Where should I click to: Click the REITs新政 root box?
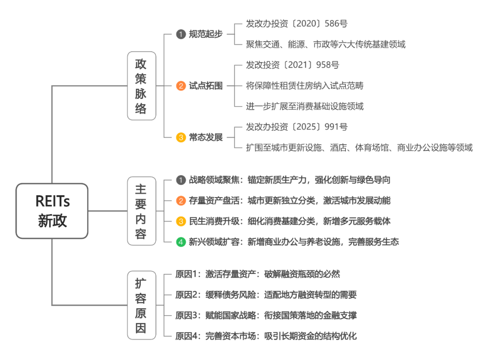pyautogui.click(x=52, y=211)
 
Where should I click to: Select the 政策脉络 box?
pyautogui.click(x=141, y=86)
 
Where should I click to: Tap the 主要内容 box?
pyautogui.click(x=141, y=211)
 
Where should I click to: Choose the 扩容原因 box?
pyautogui.click(x=141, y=305)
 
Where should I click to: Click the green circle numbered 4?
pyautogui.click(x=181, y=242)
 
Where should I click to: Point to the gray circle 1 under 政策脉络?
pyautogui.click(x=181, y=34)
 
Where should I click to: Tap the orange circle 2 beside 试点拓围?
pyautogui.click(x=181, y=86)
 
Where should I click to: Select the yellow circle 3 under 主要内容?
pyautogui.click(x=181, y=221)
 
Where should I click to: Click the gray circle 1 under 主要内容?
pyautogui.click(x=181, y=180)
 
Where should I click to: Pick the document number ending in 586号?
pyautogui.click(x=297, y=24)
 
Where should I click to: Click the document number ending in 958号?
pyautogui.click(x=293, y=65)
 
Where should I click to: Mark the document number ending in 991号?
pyautogui.click(x=297, y=127)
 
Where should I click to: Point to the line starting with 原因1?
pyautogui.click(x=258, y=274)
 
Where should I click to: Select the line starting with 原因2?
pyautogui.click(x=266, y=295)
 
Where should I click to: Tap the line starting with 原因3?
pyautogui.click(x=266, y=316)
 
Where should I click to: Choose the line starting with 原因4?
pyautogui.click(x=266, y=336)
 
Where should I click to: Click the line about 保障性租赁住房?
pyautogui.click(x=305, y=86)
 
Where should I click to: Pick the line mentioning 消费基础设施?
pyautogui.click(x=305, y=106)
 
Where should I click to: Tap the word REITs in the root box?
pyautogui.click(x=52, y=201)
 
